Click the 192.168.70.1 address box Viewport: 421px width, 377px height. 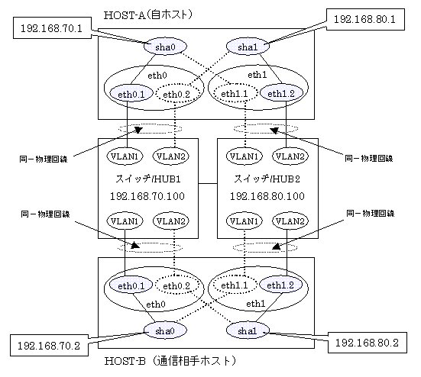click(x=52, y=28)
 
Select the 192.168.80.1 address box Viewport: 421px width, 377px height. click(x=365, y=19)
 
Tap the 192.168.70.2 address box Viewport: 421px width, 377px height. click(x=49, y=346)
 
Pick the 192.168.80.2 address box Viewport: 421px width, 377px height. click(x=368, y=343)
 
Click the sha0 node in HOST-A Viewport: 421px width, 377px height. click(x=165, y=47)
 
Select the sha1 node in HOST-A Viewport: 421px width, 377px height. click(x=248, y=47)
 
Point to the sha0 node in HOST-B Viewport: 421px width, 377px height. click(x=165, y=330)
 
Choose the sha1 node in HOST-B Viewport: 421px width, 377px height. click(x=248, y=330)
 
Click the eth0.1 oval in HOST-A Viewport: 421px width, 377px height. click(x=131, y=94)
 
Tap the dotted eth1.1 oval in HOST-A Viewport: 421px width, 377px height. click(x=235, y=94)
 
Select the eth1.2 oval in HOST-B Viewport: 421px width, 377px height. click(x=280, y=285)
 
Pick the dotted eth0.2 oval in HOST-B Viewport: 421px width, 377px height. click(x=176, y=285)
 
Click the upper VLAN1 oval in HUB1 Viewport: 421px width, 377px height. click(x=125, y=156)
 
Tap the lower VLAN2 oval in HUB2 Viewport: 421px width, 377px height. click(x=290, y=221)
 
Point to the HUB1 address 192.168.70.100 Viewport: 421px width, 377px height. click(x=147, y=196)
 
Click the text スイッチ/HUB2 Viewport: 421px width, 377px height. click(x=267, y=179)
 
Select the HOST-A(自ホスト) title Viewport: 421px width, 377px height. click(x=148, y=14)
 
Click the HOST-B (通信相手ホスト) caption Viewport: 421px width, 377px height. click(x=170, y=361)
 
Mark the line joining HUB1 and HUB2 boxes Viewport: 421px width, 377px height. click(x=208, y=184)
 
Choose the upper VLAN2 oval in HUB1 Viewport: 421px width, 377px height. click(x=170, y=156)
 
